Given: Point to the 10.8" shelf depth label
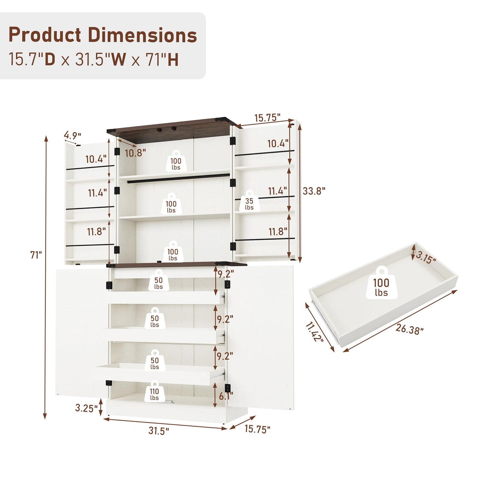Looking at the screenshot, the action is point(135,153).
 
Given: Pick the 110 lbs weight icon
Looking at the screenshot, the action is point(154,394).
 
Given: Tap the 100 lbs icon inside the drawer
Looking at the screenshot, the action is point(381,283).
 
